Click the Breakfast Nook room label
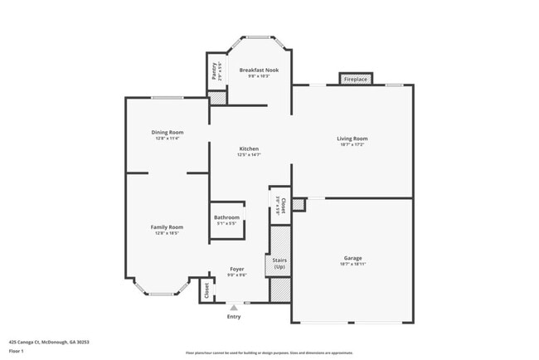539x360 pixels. click(259, 70)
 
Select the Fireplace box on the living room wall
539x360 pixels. click(355, 79)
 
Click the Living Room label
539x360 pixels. click(352, 139)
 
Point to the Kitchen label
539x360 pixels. click(249, 148)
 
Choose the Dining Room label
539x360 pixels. click(167, 132)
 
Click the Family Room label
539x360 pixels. click(167, 226)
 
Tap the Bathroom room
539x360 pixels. click(226, 220)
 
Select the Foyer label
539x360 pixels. click(236, 270)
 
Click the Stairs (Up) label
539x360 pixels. click(279, 264)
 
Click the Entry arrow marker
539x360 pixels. click(233, 308)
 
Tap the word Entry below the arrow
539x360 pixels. click(233, 316)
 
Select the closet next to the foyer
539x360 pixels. click(206, 290)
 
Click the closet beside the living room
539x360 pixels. click(281, 205)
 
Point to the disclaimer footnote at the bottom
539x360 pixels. click(269, 353)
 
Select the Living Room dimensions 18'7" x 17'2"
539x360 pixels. click(352, 145)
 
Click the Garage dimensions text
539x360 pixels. click(352, 264)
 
